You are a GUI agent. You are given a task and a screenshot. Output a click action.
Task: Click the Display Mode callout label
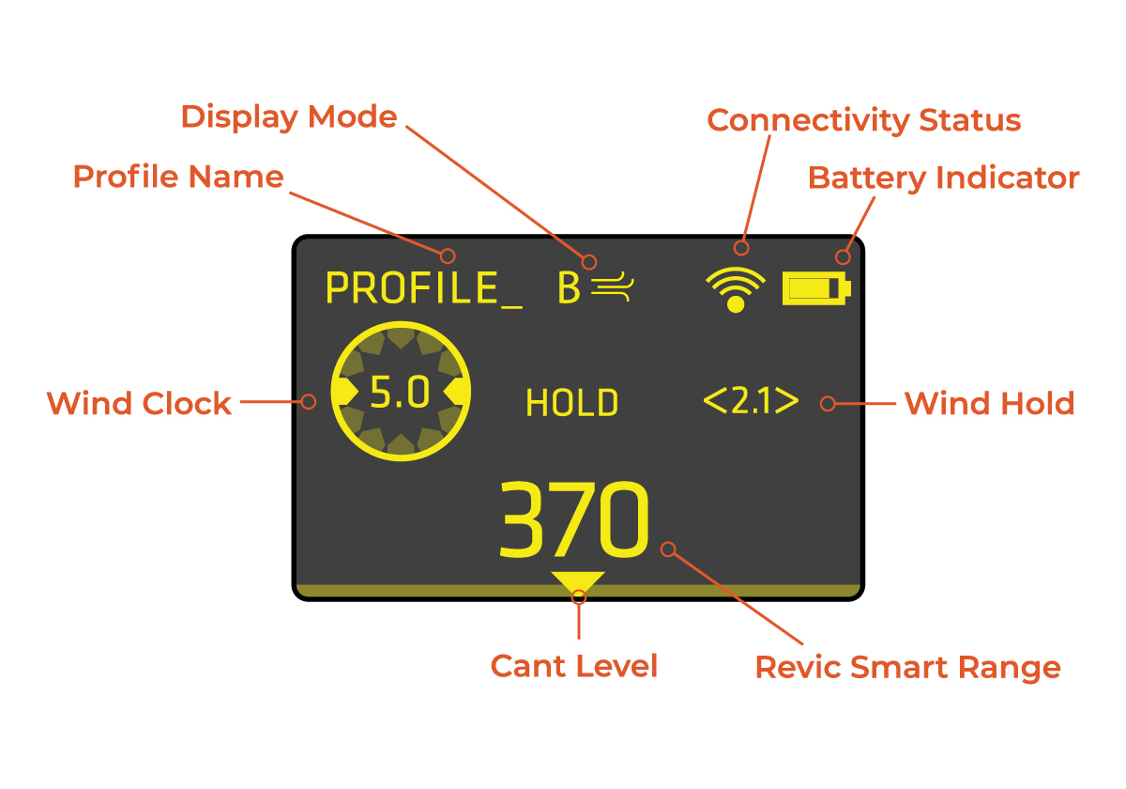pos(289,117)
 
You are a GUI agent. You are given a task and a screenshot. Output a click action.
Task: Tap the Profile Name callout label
pos(178,177)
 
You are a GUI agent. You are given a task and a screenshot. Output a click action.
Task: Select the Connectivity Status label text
pos(863,120)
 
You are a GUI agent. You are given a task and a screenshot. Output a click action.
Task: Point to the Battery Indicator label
pos(943,178)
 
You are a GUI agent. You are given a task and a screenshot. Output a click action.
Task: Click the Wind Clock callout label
pos(139,404)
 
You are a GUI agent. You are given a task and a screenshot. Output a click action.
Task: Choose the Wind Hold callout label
pos(989,404)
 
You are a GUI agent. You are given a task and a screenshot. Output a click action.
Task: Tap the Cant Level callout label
pos(574,666)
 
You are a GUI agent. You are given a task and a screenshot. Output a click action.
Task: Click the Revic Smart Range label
pos(907,668)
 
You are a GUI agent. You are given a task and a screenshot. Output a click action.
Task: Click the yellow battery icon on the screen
pos(816,288)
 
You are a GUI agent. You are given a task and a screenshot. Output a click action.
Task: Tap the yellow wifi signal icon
pos(736,288)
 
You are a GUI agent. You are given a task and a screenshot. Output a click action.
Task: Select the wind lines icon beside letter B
pos(614,288)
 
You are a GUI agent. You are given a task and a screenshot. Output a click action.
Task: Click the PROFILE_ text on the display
pos(423,288)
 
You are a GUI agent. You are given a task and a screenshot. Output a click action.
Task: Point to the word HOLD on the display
pos(571,404)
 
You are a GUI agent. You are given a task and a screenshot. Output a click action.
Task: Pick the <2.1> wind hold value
pos(751,402)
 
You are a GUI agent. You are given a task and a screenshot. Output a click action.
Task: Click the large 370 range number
pos(573,522)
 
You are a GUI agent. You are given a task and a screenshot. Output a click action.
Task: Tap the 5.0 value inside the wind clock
pos(400,394)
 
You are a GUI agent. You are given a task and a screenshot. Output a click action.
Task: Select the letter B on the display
pos(569,288)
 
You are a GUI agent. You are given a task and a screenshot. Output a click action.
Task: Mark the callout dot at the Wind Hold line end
pos(827,404)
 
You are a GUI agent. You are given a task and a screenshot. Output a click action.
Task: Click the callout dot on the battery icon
pos(843,256)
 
